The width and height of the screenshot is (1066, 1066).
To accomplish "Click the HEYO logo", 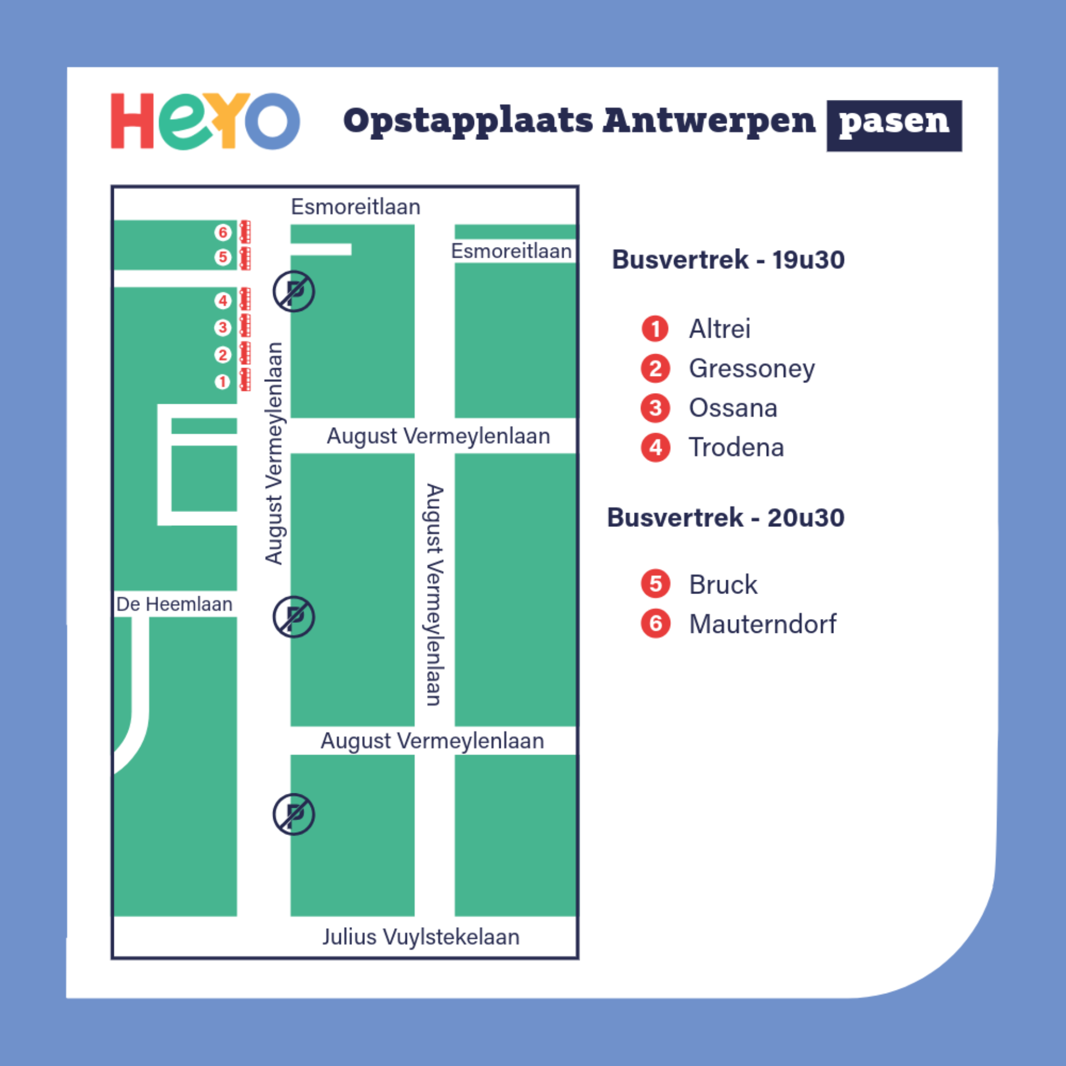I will [x=205, y=121].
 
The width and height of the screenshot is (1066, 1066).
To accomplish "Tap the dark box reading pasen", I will [x=894, y=125].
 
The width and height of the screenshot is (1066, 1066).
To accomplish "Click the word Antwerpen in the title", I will [x=709, y=120].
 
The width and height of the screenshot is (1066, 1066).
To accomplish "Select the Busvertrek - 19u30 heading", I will [x=728, y=260].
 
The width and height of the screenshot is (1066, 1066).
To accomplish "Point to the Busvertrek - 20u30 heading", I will [x=726, y=517].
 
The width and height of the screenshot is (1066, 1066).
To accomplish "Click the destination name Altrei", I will [x=720, y=329].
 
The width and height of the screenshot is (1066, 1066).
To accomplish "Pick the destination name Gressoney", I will [x=752, y=369].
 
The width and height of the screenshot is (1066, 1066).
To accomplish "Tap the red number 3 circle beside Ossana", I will [x=655, y=408].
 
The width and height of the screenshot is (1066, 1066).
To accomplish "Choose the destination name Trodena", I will [x=736, y=447].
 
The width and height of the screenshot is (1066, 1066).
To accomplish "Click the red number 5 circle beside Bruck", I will [x=655, y=584].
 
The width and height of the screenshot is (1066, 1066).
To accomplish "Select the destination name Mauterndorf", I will [x=762, y=624].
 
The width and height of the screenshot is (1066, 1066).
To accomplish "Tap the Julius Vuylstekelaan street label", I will [x=421, y=937].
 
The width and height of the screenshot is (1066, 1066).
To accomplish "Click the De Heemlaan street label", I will [x=174, y=604].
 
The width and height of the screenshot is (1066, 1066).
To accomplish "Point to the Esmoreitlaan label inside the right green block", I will [x=511, y=251].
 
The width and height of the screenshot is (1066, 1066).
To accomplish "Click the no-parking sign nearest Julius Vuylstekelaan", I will [x=294, y=814].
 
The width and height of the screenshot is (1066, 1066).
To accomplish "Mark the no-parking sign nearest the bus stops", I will [x=294, y=291].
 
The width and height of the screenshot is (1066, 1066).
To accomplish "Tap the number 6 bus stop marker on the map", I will [x=223, y=232].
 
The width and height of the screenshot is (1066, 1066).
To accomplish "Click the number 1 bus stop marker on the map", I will [x=223, y=382].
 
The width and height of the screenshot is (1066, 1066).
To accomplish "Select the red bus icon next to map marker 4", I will [x=245, y=300].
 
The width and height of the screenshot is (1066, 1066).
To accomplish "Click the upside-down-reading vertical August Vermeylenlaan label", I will [x=434, y=594].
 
